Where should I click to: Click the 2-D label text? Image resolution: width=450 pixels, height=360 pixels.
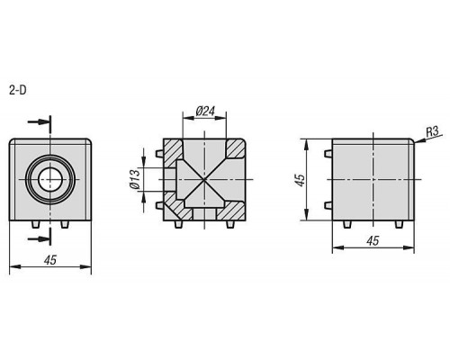pos(17,90)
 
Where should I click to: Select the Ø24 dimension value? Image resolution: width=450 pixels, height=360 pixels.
pos(205,112)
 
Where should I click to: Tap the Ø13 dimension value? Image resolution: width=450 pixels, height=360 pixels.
pos(135,179)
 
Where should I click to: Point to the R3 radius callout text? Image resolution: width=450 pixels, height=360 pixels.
pos(432,131)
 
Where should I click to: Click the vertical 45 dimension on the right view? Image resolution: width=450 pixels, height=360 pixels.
pos(300,179)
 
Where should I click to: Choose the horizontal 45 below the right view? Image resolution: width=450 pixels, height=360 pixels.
pos(373,240)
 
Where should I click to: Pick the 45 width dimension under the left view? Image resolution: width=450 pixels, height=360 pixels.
pos(50,260)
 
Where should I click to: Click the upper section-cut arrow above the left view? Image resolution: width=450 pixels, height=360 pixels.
pos(38,121)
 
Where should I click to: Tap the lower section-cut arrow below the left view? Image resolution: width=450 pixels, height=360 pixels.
pos(38,238)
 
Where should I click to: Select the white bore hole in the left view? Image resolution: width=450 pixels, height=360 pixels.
pos(50,179)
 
